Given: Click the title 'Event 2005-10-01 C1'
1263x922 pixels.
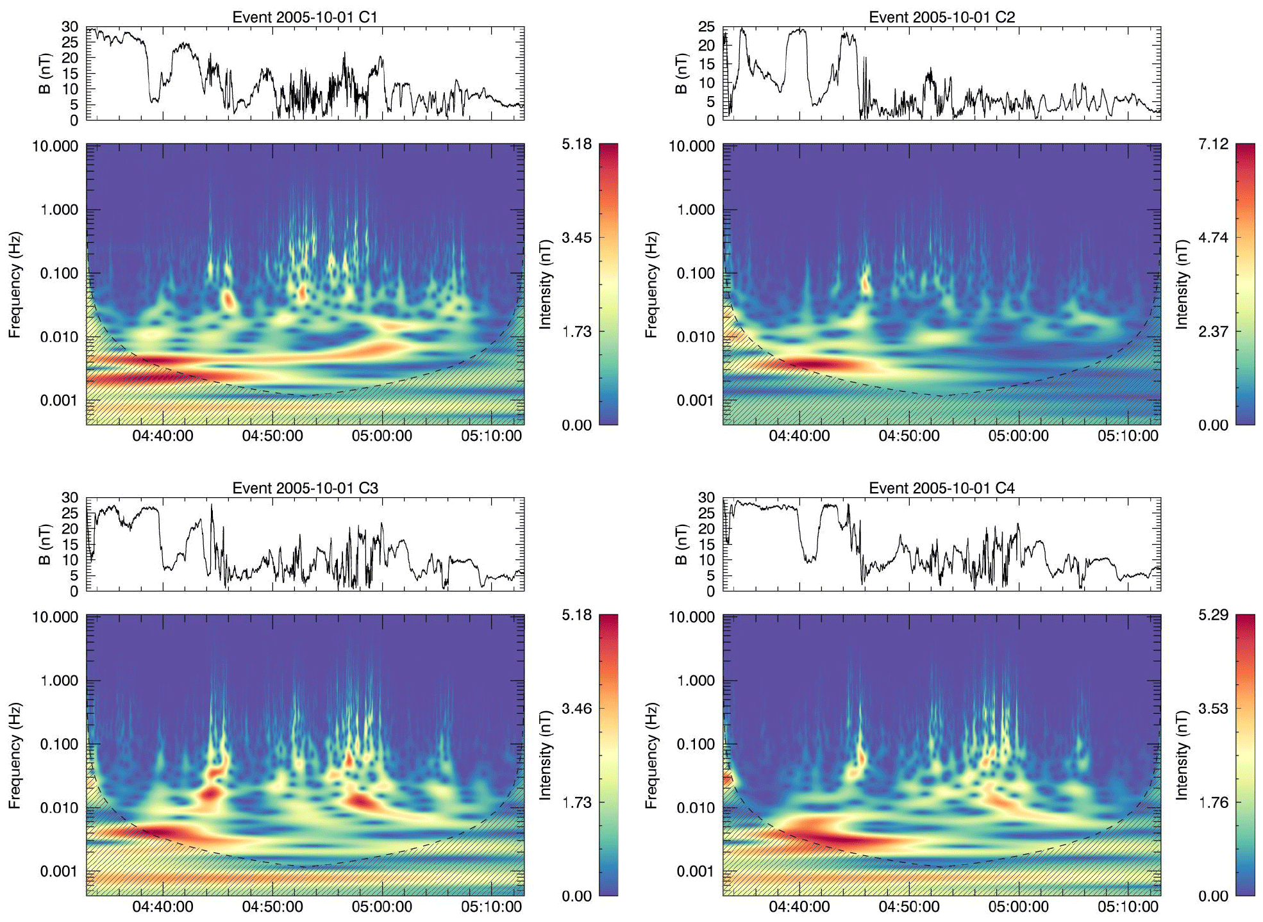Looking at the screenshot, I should [x=305, y=17].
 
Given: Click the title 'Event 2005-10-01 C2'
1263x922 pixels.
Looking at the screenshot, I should [x=941, y=17].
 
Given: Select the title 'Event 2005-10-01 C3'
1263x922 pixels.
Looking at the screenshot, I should [x=305, y=488].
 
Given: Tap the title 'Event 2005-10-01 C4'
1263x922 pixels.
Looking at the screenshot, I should [x=941, y=488].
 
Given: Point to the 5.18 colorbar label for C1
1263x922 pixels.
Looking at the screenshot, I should [x=576, y=144].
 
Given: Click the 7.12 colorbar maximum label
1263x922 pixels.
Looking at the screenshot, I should [x=1213, y=144].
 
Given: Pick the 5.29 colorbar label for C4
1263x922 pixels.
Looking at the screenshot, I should [x=1213, y=615].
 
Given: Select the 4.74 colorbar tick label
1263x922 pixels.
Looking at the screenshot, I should [x=1213, y=238].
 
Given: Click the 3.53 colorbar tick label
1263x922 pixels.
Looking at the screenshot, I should [x=1213, y=709].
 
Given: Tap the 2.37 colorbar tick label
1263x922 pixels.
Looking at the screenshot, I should [x=1213, y=331].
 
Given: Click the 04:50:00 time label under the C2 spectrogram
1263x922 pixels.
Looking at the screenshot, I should [x=908, y=436].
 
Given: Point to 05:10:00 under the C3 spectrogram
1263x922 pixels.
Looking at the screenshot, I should [x=491, y=907].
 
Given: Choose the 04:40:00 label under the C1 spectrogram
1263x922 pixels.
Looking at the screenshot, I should [x=163, y=436].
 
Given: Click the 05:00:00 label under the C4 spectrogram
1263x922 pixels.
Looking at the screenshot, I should [x=1018, y=907].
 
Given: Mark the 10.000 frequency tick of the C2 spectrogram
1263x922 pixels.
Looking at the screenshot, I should [x=691, y=146].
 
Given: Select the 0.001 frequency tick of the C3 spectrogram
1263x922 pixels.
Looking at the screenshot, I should [x=58, y=871].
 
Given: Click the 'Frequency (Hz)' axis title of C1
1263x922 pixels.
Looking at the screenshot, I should [x=15, y=284].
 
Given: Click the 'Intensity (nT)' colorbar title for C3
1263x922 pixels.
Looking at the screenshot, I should [x=545, y=755].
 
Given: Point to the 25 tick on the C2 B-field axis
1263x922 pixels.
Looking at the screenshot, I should [x=706, y=27].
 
